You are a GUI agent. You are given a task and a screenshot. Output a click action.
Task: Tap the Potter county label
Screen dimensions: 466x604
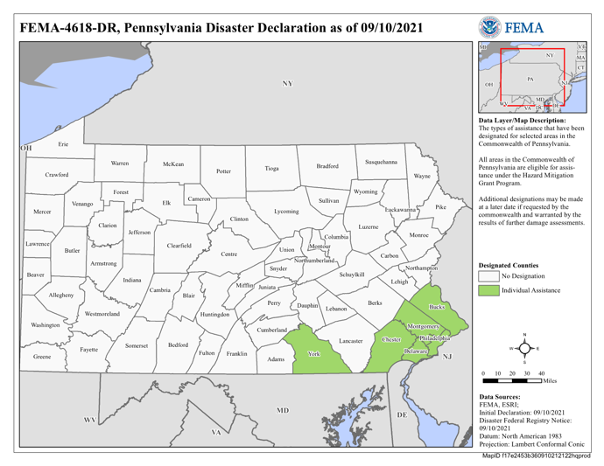tap(223, 171)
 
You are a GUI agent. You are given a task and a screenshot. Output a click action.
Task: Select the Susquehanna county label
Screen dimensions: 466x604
tap(381, 162)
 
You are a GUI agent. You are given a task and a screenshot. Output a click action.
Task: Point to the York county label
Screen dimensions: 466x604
tap(314, 354)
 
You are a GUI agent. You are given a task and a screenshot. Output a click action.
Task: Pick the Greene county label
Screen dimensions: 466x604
tap(42, 357)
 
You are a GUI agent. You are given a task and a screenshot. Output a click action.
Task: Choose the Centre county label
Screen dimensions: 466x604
tap(228, 254)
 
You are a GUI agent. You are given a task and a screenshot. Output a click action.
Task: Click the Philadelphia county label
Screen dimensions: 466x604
tap(434, 337)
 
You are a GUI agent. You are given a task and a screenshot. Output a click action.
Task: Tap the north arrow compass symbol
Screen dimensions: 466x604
tap(524, 348)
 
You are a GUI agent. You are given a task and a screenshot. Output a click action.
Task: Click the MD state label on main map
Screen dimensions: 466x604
tap(283, 409)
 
